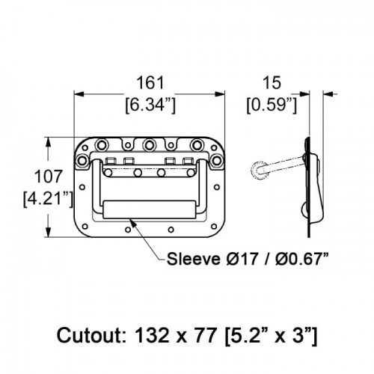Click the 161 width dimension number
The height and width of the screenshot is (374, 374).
[x=150, y=83]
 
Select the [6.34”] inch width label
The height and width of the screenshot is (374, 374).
[x=150, y=105]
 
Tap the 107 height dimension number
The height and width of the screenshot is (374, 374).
[x=48, y=177]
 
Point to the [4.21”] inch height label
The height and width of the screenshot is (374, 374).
[x=48, y=199]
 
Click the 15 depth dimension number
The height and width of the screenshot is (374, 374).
[x=272, y=83]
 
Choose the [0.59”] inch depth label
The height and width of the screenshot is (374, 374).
[x=272, y=105]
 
